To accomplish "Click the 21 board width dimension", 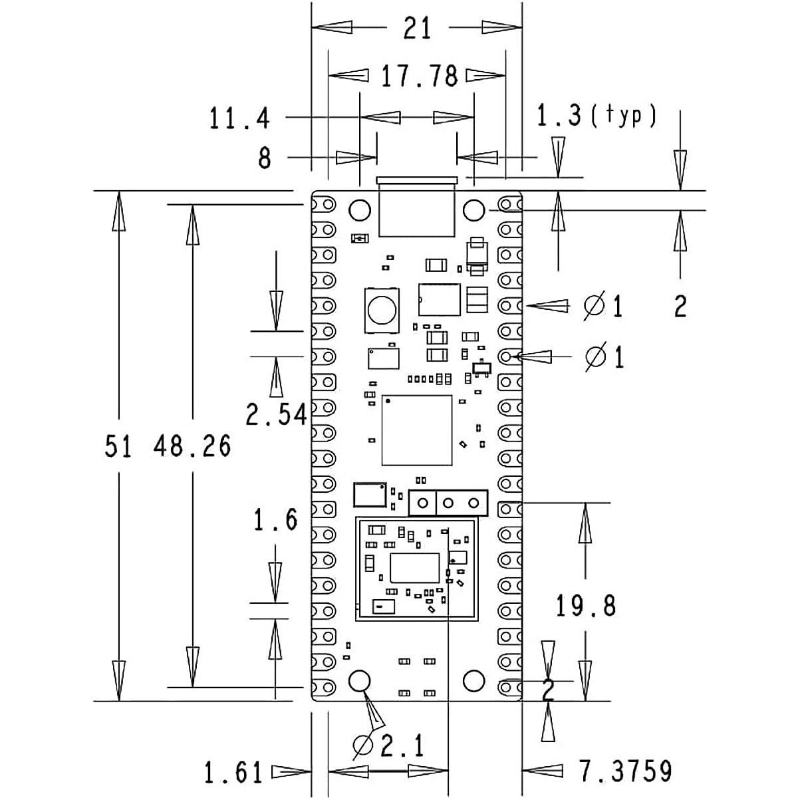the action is click(417, 29).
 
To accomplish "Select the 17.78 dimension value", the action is click(419, 76).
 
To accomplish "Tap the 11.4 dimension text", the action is click(240, 119).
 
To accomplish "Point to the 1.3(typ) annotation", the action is click(597, 116).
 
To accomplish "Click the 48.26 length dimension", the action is click(192, 446).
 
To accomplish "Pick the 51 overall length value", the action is click(118, 446).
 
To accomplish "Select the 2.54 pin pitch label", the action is click(276, 415).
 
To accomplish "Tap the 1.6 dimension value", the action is click(276, 519).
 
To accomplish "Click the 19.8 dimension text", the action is click(586, 606).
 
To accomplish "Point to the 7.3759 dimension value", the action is click(625, 771).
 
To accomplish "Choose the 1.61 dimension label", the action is click(233, 773).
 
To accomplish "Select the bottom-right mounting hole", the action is click(474, 681).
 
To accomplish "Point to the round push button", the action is click(382, 309).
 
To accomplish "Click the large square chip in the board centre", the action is click(417, 430).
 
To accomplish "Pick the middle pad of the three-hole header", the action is click(448, 503).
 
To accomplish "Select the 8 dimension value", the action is click(265, 158).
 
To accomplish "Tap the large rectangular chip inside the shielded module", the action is click(415, 567).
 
